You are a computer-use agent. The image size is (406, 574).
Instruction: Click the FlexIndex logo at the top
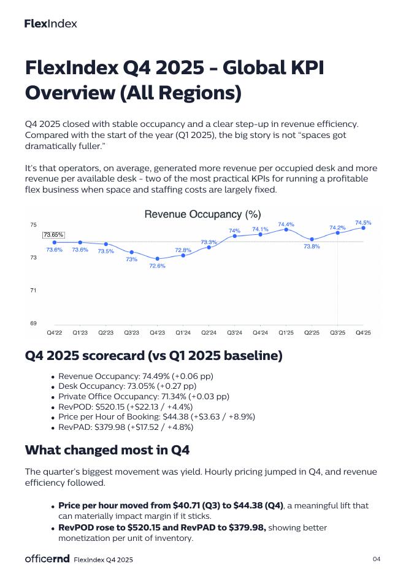(x=51, y=24)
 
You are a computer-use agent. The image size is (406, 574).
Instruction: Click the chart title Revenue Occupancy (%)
(x=202, y=214)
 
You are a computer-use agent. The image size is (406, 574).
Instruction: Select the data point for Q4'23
(x=158, y=259)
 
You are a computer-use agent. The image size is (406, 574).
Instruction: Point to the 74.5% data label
(x=363, y=223)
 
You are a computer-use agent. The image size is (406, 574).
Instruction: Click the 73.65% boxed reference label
(x=53, y=235)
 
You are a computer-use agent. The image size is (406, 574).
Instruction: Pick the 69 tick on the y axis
(x=33, y=323)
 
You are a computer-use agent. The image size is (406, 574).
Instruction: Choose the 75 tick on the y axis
(x=33, y=225)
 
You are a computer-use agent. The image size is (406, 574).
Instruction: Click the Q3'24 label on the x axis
(x=235, y=333)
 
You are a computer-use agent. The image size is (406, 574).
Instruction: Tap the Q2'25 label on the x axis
(x=312, y=333)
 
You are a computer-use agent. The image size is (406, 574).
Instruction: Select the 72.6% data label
(x=157, y=266)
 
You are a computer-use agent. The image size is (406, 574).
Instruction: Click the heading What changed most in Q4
(x=107, y=450)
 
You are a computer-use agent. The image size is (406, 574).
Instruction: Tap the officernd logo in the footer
(x=47, y=559)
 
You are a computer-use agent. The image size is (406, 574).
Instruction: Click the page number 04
(x=376, y=559)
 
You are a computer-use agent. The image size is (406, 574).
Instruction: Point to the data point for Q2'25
(x=312, y=239)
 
